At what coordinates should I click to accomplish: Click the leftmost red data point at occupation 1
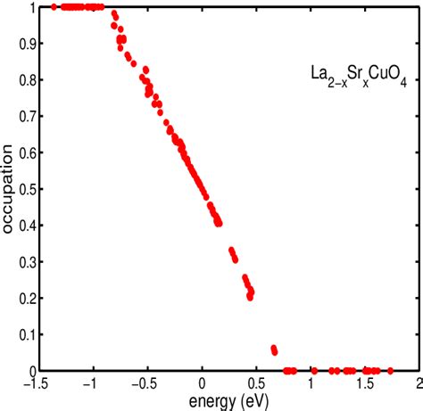54,6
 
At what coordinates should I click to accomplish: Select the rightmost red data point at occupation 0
390,370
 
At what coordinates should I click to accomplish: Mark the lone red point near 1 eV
313,370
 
